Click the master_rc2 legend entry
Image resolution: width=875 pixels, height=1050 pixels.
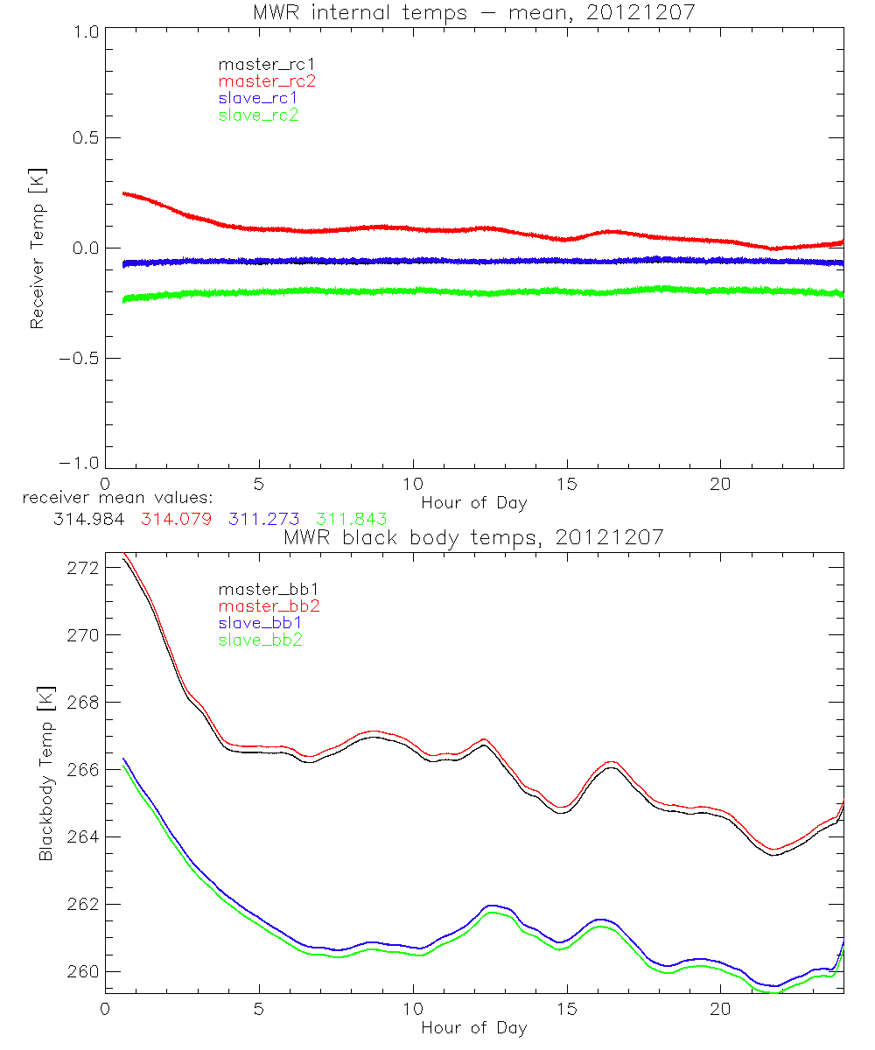[x=266, y=80]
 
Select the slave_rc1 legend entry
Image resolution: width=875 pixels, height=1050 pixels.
[x=258, y=98]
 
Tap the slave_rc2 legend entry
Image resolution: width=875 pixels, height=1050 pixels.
[x=258, y=115]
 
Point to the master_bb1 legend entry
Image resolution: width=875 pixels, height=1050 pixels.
[x=266, y=589]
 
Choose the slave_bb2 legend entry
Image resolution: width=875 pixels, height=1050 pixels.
[x=262, y=640]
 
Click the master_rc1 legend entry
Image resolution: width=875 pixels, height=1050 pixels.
[x=266, y=64]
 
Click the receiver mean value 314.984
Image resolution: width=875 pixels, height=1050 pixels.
[x=88, y=519]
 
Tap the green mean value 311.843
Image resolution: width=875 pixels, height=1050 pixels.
[x=351, y=519]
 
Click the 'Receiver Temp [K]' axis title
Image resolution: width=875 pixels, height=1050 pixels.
[x=38, y=248]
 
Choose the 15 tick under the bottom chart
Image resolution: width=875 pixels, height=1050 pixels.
[x=566, y=1008]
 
